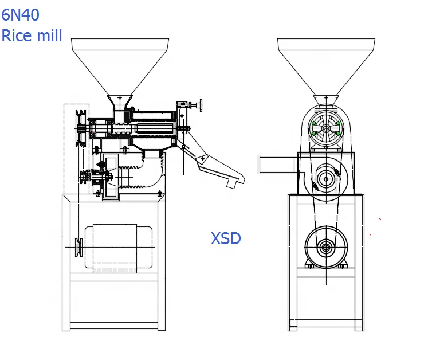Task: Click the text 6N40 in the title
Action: [21, 14]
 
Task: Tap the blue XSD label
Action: [226, 238]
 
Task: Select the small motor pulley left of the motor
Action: [77, 247]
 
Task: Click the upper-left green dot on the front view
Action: [313, 123]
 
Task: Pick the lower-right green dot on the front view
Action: [339, 134]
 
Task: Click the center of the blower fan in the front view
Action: [326, 179]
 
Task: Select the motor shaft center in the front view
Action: [326, 248]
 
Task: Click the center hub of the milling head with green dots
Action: [326, 128]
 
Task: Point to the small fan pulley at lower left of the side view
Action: [87, 177]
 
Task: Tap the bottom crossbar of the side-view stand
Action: [113, 325]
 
